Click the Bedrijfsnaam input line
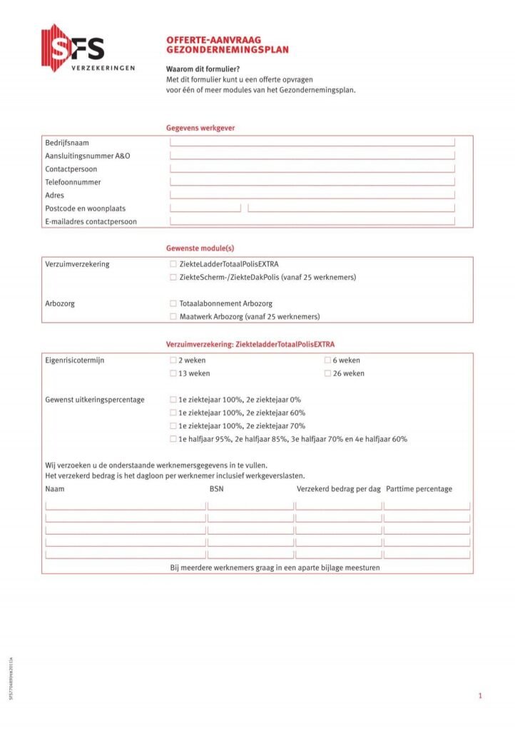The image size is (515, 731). (x=312, y=143)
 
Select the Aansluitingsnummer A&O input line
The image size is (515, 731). (x=312, y=156)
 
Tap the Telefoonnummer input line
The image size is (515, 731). (x=312, y=181)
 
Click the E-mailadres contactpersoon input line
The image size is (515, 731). (x=312, y=221)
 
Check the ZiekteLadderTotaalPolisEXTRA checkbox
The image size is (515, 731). (x=173, y=264)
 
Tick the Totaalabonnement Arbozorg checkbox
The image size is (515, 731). (x=173, y=303)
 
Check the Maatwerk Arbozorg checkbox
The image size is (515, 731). (x=173, y=316)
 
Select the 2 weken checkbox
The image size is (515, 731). (x=173, y=361)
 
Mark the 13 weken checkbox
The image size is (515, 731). (x=173, y=373)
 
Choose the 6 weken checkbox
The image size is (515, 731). (x=327, y=361)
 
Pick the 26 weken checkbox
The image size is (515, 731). (x=327, y=373)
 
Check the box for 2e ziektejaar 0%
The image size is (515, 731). (x=173, y=400)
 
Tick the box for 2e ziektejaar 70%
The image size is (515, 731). (x=173, y=426)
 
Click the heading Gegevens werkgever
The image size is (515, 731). (x=200, y=128)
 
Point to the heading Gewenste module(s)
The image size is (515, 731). (x=200, y=248)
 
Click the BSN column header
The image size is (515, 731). (x=216, y=489)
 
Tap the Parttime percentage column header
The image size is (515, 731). (x=419, y=489)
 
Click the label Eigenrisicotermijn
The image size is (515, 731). (x=75, y=361)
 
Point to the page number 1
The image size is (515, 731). (x=481, y=695)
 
